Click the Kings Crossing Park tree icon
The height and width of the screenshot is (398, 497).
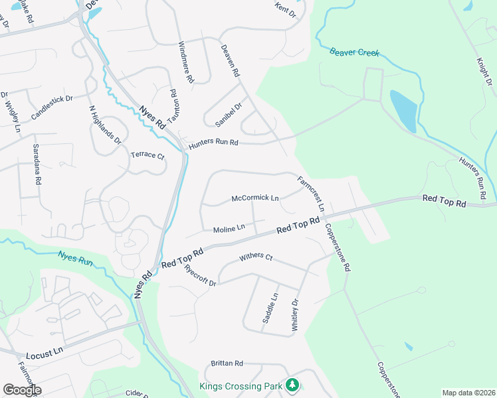[x=292, y=385]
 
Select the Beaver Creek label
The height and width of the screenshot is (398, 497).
[x=355, y=52]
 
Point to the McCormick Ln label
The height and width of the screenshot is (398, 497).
[x=255, y=198]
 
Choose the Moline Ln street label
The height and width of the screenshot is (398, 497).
[x=229, y=229]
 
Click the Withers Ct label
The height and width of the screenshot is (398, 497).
[x=256, y=256]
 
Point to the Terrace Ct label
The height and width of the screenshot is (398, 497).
[x=147, y=156]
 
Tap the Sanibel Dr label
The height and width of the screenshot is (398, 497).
[x=229, y=115]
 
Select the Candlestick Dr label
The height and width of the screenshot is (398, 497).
[x=51, y=107]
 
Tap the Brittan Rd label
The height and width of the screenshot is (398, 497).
[x=227, y=364]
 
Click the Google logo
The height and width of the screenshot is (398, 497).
[x=22, y=389]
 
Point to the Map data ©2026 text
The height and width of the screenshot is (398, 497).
[x=468, y=393]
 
